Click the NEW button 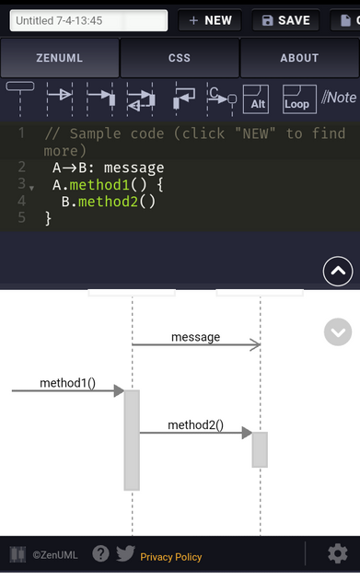point(209,20)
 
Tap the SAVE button point(285,20)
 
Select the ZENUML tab point(60,58)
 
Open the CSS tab point(180,58)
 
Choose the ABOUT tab point(299,58)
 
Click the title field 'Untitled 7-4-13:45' point(88,20)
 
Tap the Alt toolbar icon point(258,99)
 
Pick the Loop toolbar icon point(297,99)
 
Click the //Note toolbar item point(339,98)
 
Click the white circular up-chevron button point(338,272)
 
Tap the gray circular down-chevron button point(338,332)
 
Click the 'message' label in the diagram point(195,337)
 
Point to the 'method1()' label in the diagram point(67,382)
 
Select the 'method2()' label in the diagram point(195,424)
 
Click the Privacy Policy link point(171,557)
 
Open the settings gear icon point(337,553)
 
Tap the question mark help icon point(101,554)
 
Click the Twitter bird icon point(125,554)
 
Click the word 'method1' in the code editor point(102,184)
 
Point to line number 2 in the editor point(20,168)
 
